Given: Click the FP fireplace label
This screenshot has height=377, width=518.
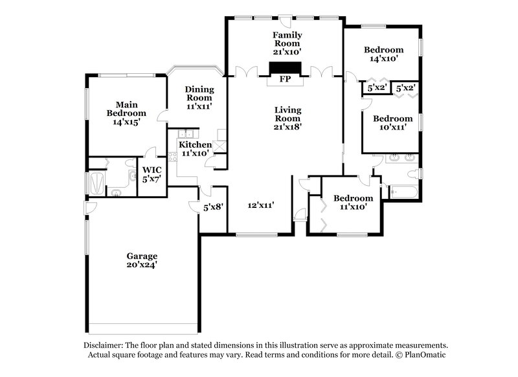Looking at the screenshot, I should pyautogui.click(x=285, y=80).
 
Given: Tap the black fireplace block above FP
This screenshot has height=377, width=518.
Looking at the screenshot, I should pyautogui.click(x=285, y=69).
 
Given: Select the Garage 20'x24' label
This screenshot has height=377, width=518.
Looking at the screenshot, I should pyautogui.click(x=142, y=260).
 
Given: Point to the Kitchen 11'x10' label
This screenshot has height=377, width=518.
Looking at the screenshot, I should pyautogui.click(x=195, y=149).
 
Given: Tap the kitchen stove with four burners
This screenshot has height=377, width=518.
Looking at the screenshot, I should pyautogui.click(x=172, y=155).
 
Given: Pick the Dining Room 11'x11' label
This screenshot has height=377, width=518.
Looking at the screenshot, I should pyautogui.click(x=199, y=97).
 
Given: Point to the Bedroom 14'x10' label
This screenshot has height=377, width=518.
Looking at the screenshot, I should pyautogui.click(x=383, y=54).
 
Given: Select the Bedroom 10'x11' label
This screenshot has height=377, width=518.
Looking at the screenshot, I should pyautogui.click(x=392, y=123).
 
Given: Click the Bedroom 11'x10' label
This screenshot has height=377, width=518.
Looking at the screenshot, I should pyautogui.click(x=353, y=202).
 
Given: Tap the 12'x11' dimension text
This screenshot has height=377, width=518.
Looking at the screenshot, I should pyautogui.click(x=262, y=205).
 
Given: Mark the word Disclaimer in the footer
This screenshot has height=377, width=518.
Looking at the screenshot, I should pyautogui.click(x=104, y=345).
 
